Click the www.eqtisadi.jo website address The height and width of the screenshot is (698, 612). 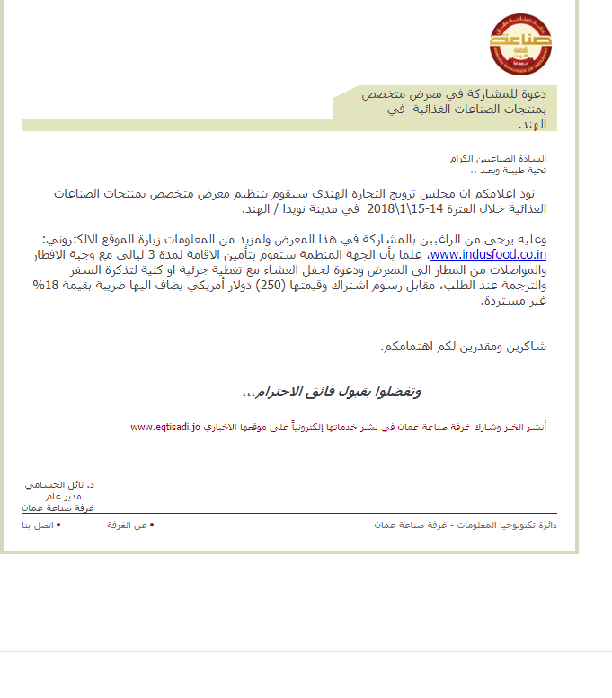(164, 427)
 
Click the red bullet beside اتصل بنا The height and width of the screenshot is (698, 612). (59, 523)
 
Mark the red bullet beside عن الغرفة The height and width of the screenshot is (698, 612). (152, 523)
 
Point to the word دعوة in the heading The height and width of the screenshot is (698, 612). (530, 93)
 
